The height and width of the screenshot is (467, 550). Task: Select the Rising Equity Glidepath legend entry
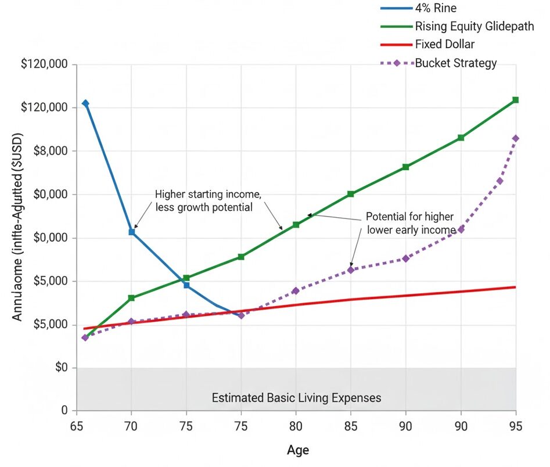coord(474,26)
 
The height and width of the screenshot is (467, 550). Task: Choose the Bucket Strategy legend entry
coord(455,63)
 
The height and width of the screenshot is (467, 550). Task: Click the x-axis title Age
coord(298,450)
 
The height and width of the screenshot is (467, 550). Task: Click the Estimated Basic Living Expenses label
coord(296,398)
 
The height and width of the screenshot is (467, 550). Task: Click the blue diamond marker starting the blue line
coord(85,103)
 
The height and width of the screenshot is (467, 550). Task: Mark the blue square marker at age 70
coord(132,232)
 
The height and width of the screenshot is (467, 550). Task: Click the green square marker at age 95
coord(515,100)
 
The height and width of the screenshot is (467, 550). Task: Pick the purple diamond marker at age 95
coord(515,138)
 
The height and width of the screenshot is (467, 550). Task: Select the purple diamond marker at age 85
coord(351,270)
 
